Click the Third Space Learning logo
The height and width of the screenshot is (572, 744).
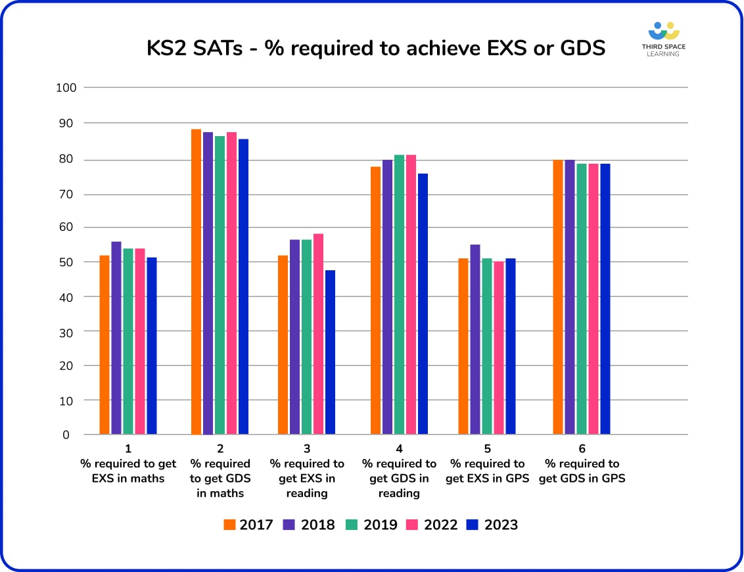[663, 39]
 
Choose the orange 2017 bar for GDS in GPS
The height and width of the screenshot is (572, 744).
[558, 297]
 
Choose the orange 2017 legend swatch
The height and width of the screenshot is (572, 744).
[229, 525]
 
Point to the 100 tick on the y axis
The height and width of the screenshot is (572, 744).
[68, 87]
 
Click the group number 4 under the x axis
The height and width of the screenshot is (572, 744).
[399, 449]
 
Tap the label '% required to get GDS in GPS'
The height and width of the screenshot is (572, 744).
[582, 471]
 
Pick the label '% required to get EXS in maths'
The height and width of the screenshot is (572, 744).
[128, 471]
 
